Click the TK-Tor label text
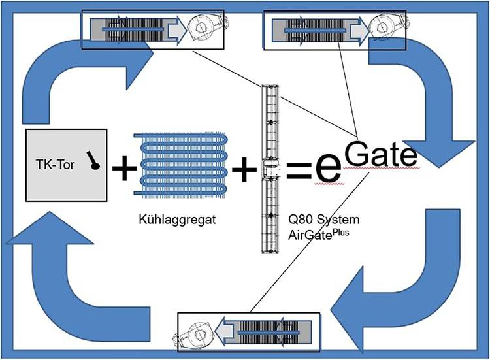[x=52, y=163]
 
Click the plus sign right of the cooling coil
[x=244, y=170]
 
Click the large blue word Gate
[x=379, y=154]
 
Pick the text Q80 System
[x=317, y=220]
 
